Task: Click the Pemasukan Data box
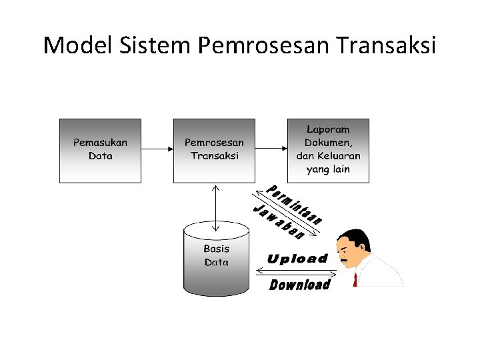coord(101,150)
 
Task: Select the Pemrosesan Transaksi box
coord(214,150)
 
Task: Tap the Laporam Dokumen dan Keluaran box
coord(328,150)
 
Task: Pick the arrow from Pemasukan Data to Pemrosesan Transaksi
coord(157,149)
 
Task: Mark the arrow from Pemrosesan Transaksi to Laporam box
coord(271,149)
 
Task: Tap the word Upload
coord(297,259)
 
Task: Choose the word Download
coord(300,285)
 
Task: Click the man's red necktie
coord(355,279)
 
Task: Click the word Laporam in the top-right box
coord(328,129)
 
